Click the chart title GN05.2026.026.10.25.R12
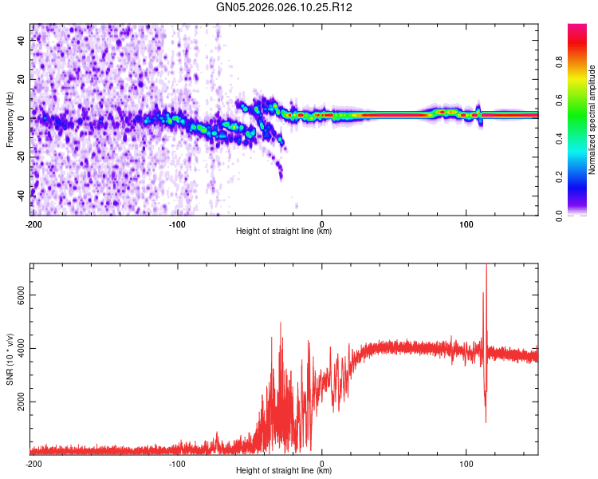tap(285, 7)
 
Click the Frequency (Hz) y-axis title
tap(10, 120)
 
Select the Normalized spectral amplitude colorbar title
tap(592, 120)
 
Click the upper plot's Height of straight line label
tap(284, 232)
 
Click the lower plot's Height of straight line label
tap(284, 471)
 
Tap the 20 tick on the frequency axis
tap(22, 79)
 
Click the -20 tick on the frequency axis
tap(21, 156)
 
